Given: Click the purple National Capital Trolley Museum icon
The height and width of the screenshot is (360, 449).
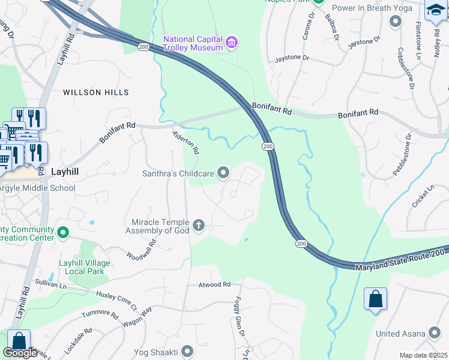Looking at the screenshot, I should pos(232,41).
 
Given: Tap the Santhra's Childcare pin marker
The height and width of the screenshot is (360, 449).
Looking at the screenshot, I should pos(223,173).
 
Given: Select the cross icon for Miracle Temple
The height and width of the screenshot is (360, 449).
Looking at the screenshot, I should pos(199,226).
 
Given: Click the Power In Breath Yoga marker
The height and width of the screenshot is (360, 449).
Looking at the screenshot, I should pos(395,22).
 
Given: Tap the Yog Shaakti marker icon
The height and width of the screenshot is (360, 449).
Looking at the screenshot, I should pos(188,350).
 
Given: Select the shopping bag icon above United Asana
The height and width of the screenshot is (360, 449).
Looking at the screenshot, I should pos(375,299).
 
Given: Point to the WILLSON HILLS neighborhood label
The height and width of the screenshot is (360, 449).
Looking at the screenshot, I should pos(96,92).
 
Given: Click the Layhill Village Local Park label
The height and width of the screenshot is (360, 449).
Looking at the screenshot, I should pos(85,267).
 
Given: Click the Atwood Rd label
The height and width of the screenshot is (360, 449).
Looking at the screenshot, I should pos(214,284).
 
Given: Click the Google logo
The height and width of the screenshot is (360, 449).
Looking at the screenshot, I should pos(20,353).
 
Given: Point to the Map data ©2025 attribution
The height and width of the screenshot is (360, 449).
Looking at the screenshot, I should pos(424,355).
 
